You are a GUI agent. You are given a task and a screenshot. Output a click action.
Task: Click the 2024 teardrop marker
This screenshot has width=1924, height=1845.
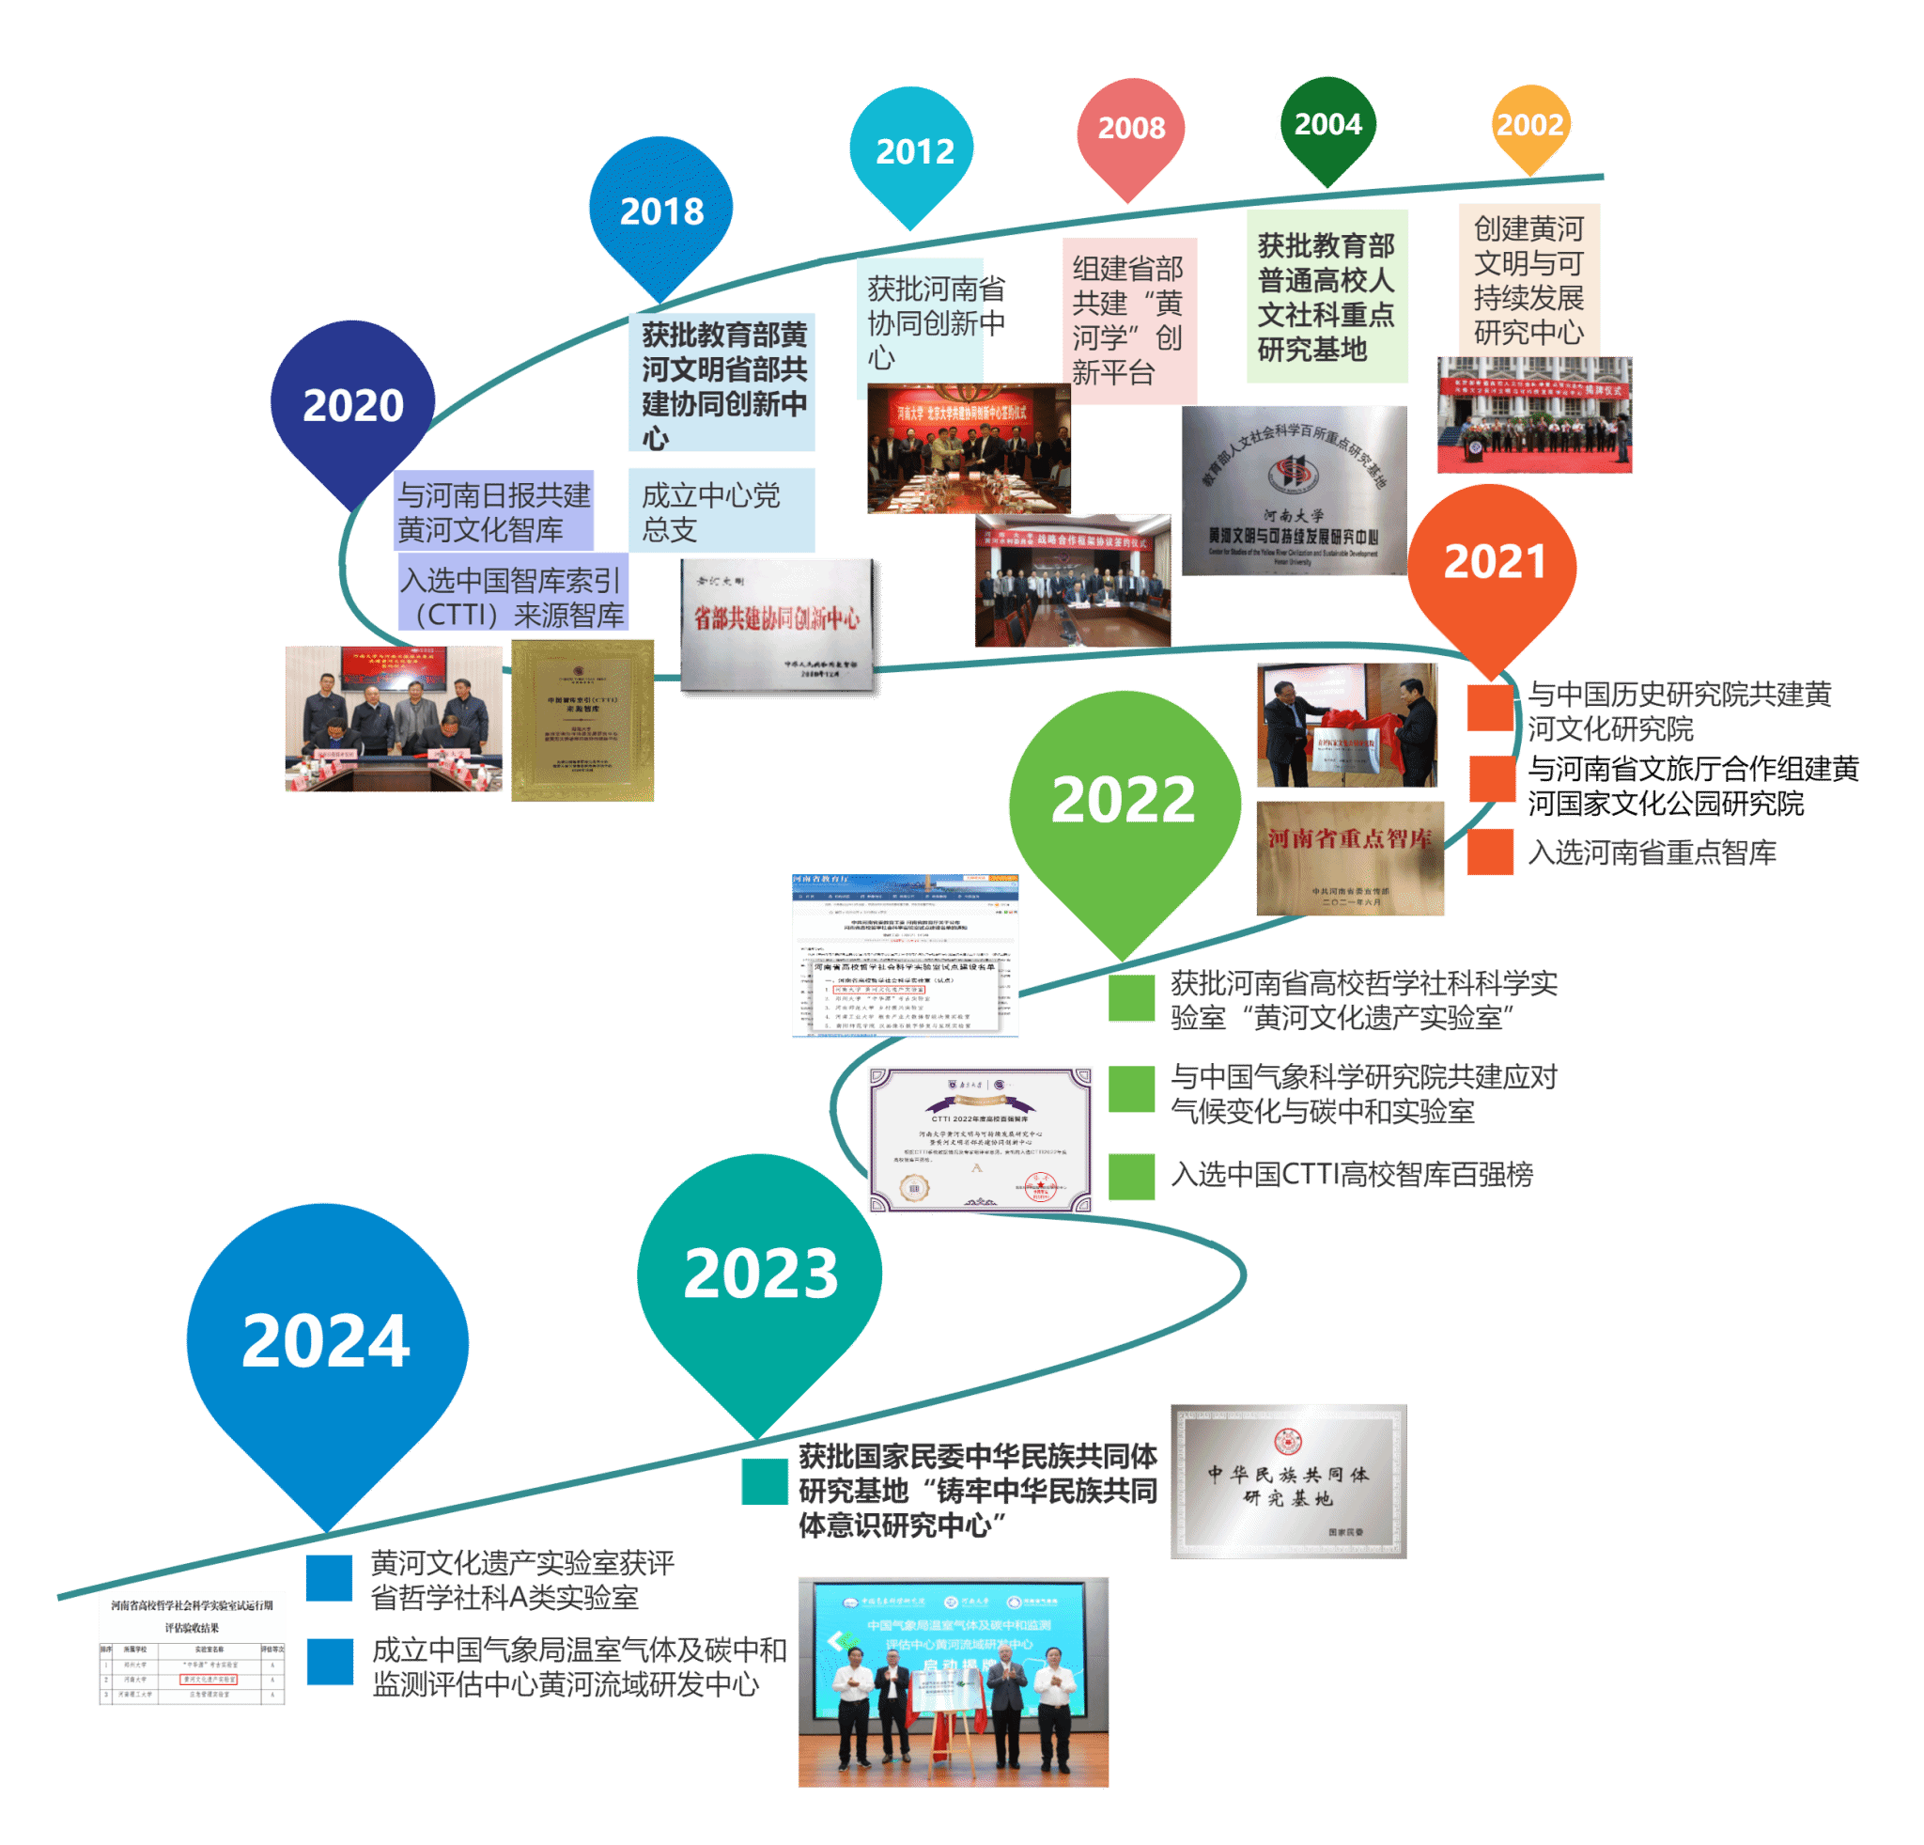[x=327, y=1345]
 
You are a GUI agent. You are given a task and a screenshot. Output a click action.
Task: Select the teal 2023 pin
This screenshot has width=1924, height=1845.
[x=760, y=1276]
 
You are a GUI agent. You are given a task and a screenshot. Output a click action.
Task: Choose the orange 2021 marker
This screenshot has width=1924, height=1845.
[x=1492, y=565]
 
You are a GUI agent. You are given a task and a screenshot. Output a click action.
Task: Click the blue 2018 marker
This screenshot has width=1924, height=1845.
[x=660, y=211]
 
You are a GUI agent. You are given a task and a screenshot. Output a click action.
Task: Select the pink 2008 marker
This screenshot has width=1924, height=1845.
[x=1131, y=129]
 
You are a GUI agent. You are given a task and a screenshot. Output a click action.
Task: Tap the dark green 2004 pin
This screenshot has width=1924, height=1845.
[x=1327, y=125]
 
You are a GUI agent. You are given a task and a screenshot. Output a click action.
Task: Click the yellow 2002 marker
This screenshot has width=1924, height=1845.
[x=1529, y=125]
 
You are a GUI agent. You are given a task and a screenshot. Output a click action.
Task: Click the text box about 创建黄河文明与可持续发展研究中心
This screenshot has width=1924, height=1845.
[x=1528, y=280]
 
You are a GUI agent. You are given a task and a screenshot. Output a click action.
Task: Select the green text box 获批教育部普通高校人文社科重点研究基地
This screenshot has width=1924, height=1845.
[x=1327, y=295]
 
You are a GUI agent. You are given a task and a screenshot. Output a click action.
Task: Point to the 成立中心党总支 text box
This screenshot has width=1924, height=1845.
[x=721, y=510]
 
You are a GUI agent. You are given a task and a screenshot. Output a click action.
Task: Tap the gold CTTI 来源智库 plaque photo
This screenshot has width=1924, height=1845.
[x=582, y=720]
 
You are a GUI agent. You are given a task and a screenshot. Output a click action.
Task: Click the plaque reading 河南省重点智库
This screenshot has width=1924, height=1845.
[x=1350, y=858]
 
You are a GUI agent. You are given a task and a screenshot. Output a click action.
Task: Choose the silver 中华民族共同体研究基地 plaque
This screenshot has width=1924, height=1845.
[x=1288, y=1480]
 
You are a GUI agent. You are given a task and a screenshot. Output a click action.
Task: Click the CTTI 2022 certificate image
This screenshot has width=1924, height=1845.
[x=980, y=1139]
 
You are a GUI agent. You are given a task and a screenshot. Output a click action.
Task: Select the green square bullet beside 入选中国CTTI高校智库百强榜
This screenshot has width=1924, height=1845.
[x=1132, y=1177]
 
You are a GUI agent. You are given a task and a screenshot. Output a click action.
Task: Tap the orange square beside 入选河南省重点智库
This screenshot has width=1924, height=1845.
[x=1490, y=852]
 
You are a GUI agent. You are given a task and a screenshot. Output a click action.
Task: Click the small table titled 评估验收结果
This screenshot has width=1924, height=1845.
[x=192, y=1648]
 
